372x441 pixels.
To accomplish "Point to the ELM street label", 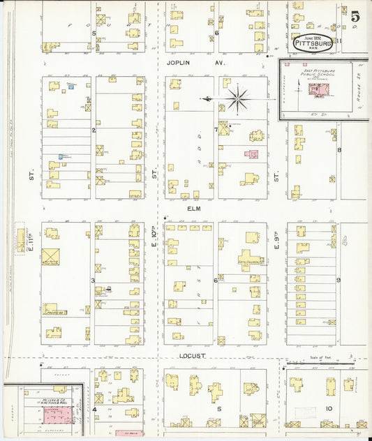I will [x=194, y=208].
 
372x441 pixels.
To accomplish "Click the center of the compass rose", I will [x=238, y=99].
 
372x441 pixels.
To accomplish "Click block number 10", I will [x=327, y=408].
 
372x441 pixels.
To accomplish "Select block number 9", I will [x=338, y=280].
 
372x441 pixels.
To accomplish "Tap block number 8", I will [x=338, y=149].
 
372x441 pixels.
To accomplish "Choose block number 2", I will [x=93, y=130].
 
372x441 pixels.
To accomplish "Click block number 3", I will [x=93, y=280].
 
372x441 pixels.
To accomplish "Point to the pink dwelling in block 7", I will [x=252, y=154].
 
